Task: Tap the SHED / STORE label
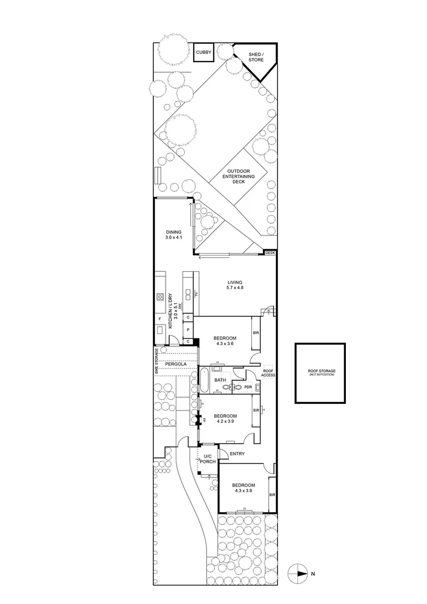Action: point(255,58)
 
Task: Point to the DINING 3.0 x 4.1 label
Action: point(174,235)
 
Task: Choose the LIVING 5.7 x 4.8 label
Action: point(234,285)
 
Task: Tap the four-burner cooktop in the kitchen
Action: point(159,296)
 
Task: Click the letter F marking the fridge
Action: point(159,319)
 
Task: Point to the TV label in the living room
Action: point(198,295)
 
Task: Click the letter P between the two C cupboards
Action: point(189,329)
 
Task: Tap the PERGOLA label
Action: point(176,364)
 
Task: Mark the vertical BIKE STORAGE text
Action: point(157,361)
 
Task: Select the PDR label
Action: point(248,386)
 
